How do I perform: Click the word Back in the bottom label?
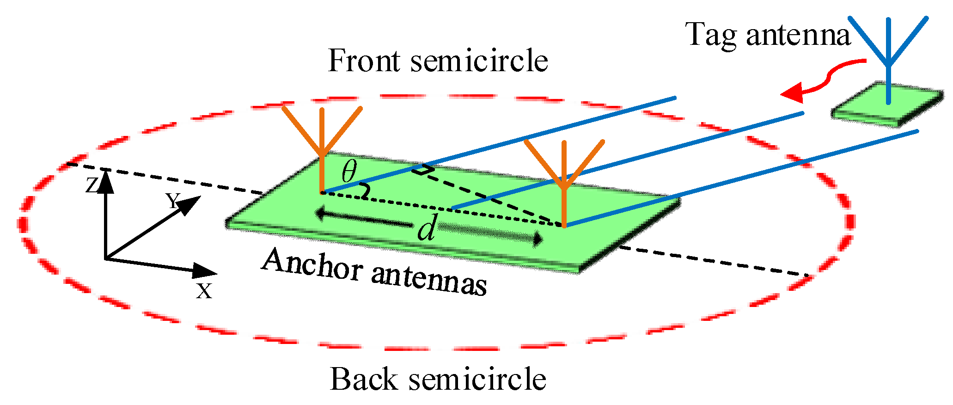(x=364, y=380)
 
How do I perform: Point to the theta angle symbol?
(x=349, y=172)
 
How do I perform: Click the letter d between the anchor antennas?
(x=427, y=229)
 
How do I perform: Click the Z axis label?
(x=92, y=185)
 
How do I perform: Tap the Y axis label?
(x=172, y=201)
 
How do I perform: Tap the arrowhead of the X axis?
(x=205, y=271)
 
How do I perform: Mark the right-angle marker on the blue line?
(x=422, y=170)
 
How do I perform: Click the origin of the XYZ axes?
(x=106, y=258)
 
